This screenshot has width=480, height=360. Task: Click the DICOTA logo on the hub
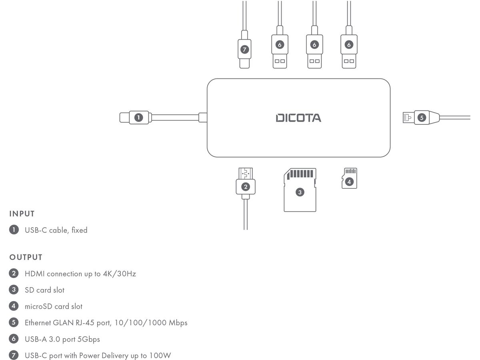click(x=298, y=118)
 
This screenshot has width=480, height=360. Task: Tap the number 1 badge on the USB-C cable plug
click(x=138, y=118)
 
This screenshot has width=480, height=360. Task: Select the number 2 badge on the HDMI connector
click(x=246, y=186)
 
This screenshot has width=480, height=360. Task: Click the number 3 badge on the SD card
click(x=300, y=192)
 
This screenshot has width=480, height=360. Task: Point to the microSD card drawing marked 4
click(x=349, y=178)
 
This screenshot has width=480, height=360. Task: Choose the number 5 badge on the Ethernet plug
click(x=421, y=118)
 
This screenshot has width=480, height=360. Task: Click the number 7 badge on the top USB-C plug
click(x=245, y=50)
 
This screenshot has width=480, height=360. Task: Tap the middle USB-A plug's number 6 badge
click(x=314, y=45)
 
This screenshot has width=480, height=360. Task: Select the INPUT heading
click(x=22, y=214)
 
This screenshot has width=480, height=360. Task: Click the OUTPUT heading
click(x=26, y=257)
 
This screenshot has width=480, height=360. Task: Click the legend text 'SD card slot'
click(x=44, y=290)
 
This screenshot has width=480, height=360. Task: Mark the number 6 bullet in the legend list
click(x=14, y=339)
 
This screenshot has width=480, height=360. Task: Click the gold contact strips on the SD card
click(x=301, y=174)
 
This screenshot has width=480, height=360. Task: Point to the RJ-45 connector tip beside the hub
click(x=407, y=118)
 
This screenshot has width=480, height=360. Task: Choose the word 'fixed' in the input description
click(x=79, y=230)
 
